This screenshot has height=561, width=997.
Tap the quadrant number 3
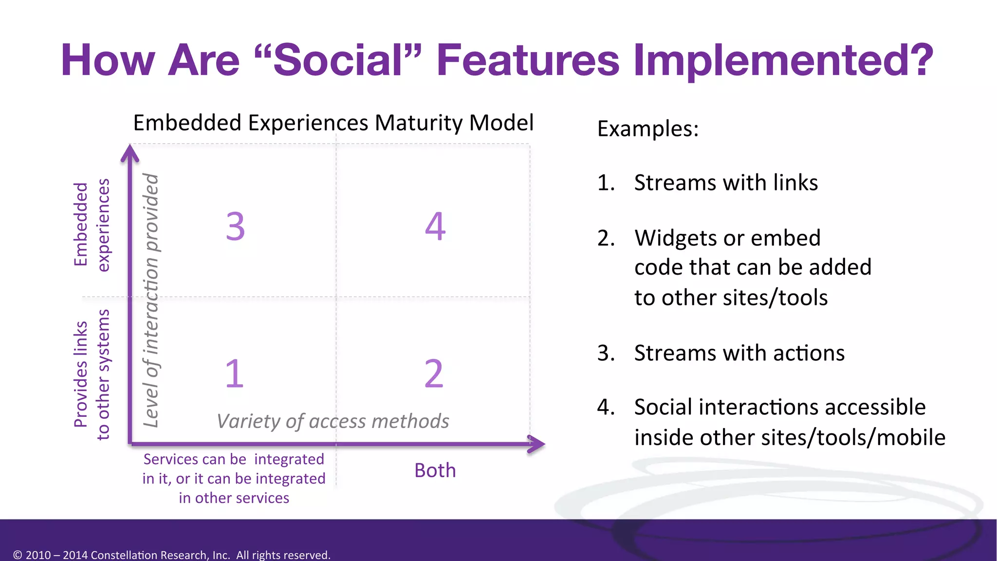pos(235,227)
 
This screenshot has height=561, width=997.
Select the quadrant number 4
pos(435,227)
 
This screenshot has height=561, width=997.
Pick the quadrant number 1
pos(234,374)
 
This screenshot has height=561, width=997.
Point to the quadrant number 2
pos(434,374)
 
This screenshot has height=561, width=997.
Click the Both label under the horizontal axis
pos(435,470)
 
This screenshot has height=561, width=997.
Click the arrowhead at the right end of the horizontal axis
pos(536,444)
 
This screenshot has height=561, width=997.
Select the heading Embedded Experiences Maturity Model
pos(333,123)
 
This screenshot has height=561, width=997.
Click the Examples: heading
pos(647,129)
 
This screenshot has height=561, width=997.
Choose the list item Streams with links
pos(725,183)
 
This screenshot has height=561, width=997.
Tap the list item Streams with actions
pos(739,353)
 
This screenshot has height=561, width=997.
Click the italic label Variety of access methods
pos(333,421)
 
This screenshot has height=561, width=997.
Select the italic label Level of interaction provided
pos(151,300)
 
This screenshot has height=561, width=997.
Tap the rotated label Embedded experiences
pos(92,224)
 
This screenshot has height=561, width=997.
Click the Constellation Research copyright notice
pos(172,555)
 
